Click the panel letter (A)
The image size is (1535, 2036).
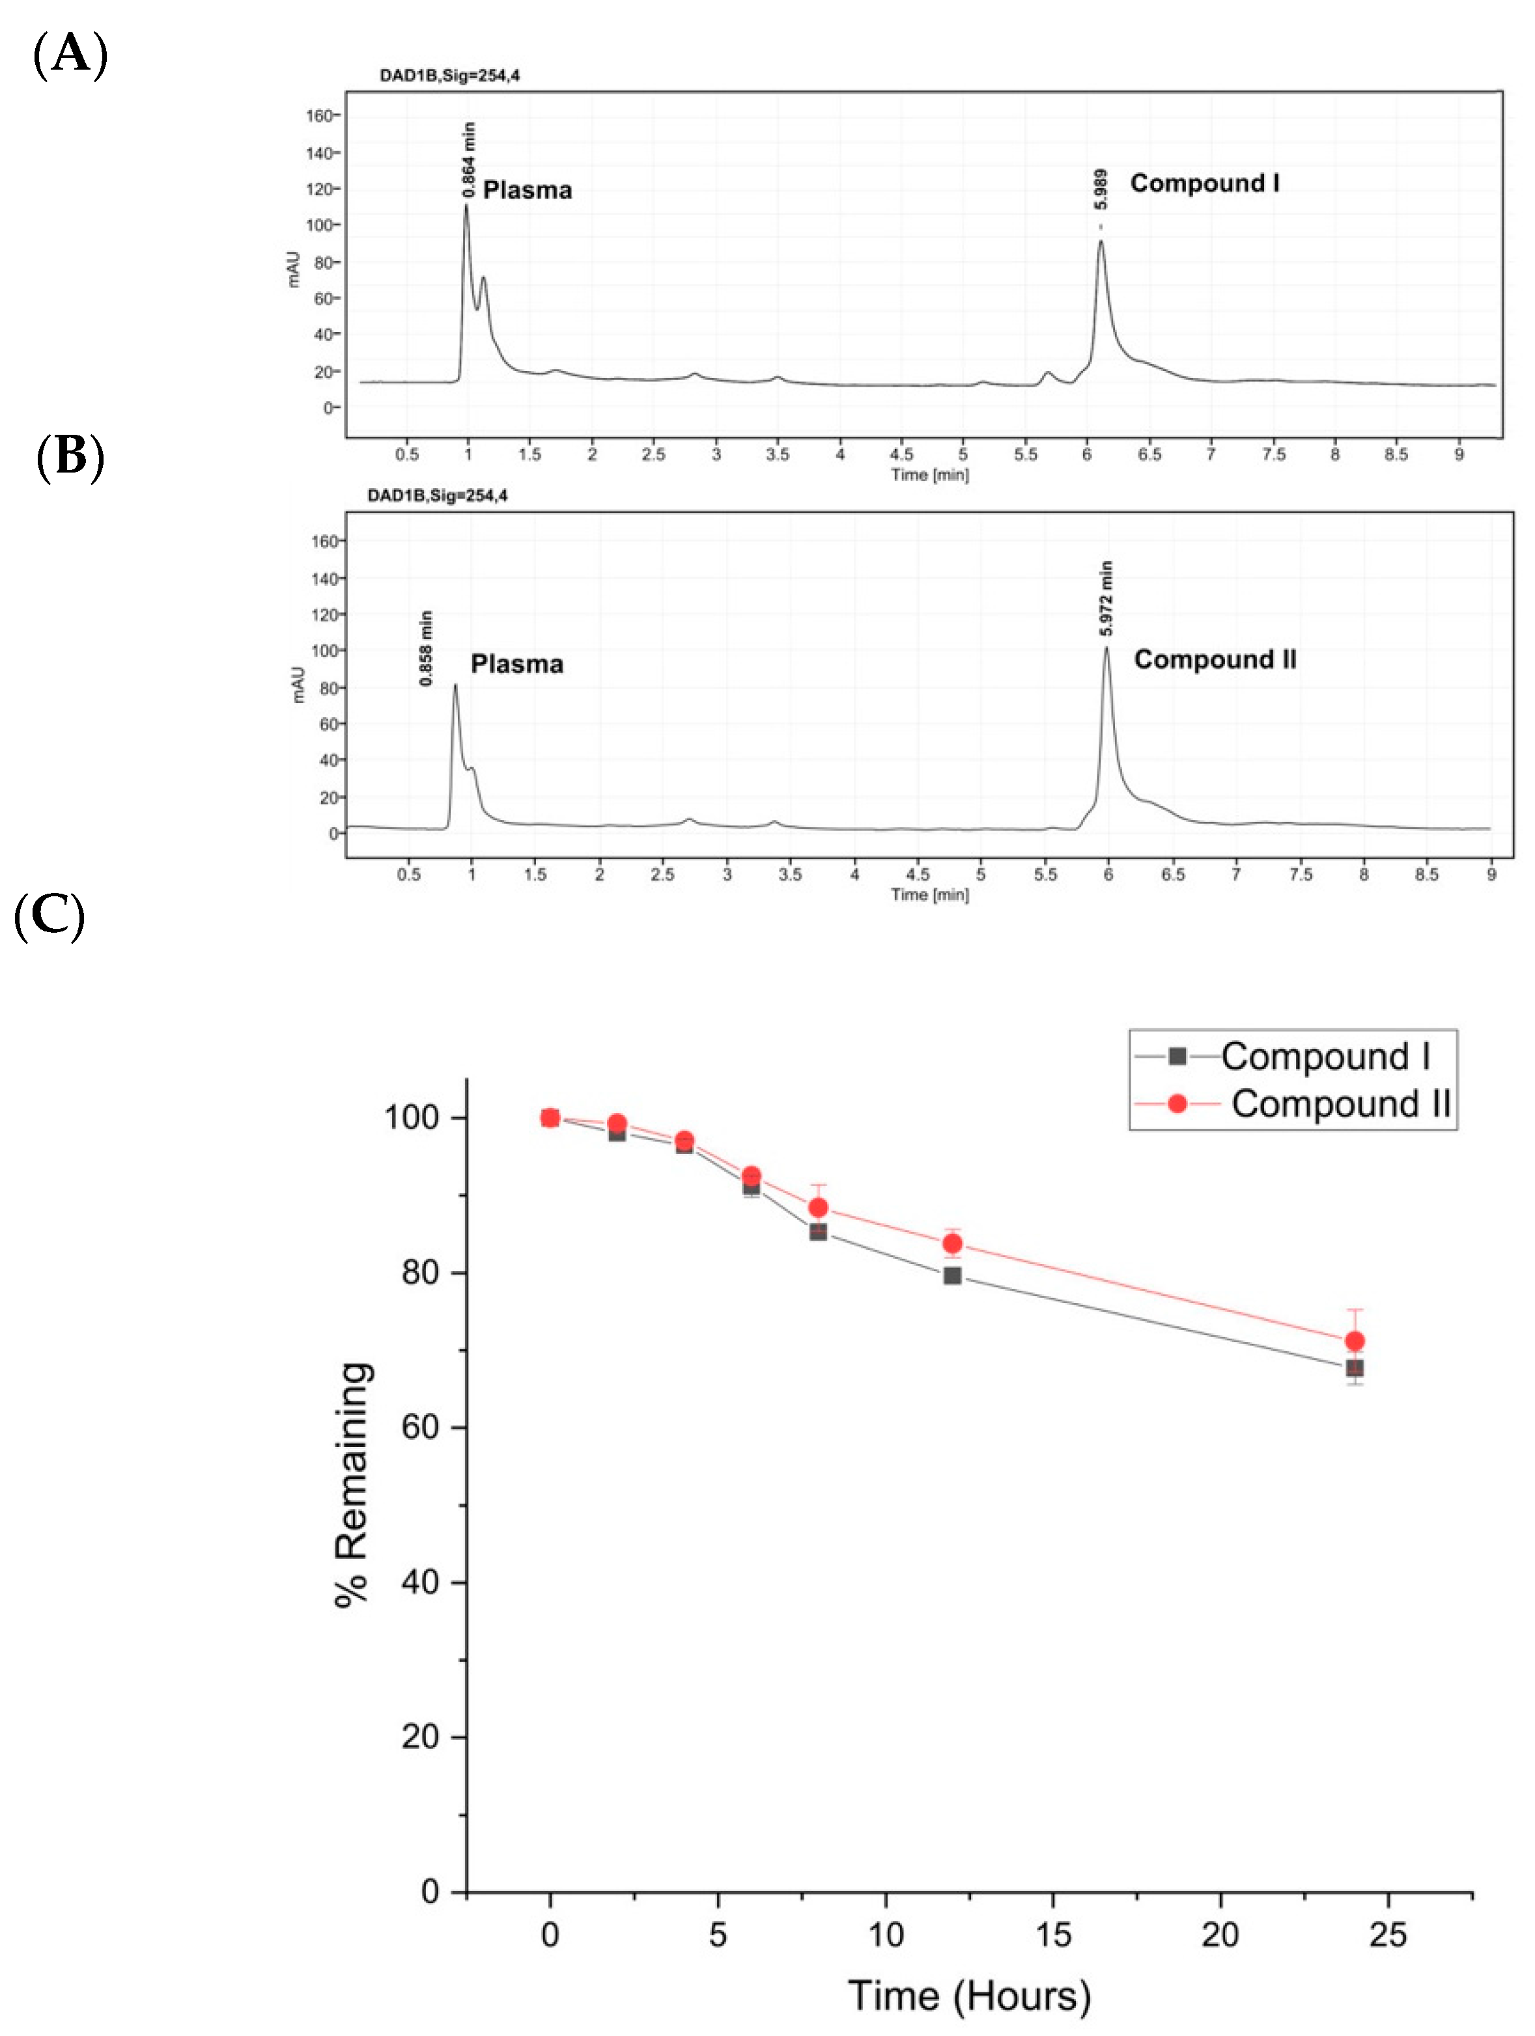[70, 54]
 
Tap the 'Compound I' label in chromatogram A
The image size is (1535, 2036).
[1204, 183]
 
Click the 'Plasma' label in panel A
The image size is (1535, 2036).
[527, 191]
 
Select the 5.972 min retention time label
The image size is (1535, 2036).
[1106, 598]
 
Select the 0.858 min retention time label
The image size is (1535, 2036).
[425, 648]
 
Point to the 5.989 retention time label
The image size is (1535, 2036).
[1101, 189]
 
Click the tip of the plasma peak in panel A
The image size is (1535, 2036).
[466, 205]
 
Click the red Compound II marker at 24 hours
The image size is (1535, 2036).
[1353, 1341]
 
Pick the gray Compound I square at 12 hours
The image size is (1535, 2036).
[952, 1276]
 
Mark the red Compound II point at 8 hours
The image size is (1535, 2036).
[818, 1207]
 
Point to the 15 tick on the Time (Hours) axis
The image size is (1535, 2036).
[1052, 1934]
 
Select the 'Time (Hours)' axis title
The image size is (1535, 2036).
[968, 1996]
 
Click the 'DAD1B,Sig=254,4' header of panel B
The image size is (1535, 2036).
[438, 495]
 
